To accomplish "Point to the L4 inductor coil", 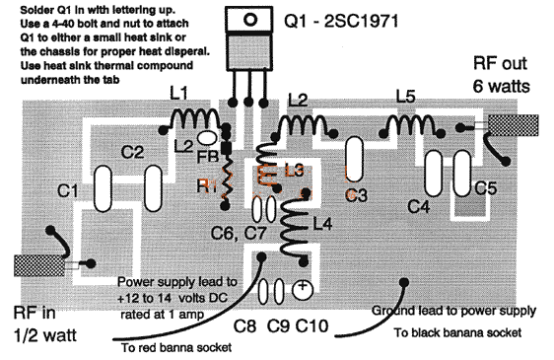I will tap(294, 226).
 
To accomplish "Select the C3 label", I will tap(358, 194).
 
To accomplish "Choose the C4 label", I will tap(418, 208).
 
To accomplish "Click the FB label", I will tap(207, 161).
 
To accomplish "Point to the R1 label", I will tap(205, 183).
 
